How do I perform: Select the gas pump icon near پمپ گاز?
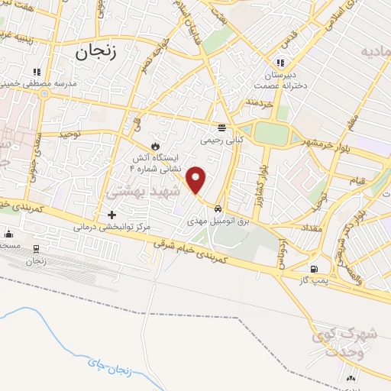coord(314,269)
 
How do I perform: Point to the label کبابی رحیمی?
coord(221,141)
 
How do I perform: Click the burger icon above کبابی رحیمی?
coord(221,128)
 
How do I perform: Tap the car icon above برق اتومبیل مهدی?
coord(218,208)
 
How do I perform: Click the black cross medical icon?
coord(111,215)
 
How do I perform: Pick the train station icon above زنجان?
coord(36,249)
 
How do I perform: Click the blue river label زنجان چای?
coord(110,370)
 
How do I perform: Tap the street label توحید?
coord(71,134)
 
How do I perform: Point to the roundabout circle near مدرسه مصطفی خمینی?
coord(45,94)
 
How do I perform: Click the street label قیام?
coord(356,181)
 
